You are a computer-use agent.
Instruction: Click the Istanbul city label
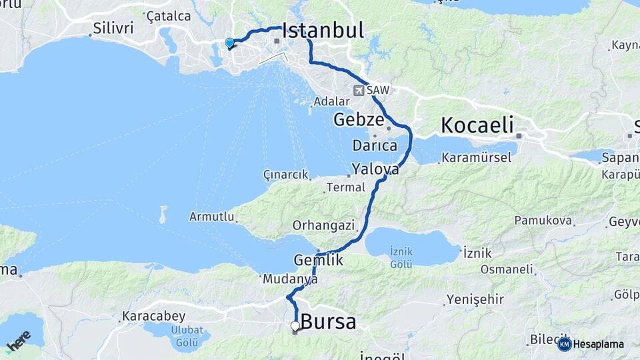pyautogui.click(x=323, y=31)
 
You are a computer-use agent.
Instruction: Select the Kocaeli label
pyautogui.click(x=477, y=125)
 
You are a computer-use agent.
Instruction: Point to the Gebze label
pyautogui.click(x=359, y=120)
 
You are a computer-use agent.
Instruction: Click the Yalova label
pyautogui.click(x=375, y=169)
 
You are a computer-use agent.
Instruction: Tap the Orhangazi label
pyautogui.click(x=323, y=225)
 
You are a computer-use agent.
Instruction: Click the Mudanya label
pyautogui.click(x=290, y=279)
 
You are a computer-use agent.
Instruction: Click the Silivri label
pyautogui.click(x=114, y=29)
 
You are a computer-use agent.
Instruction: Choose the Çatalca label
pyautogui.click(x=168, y=15)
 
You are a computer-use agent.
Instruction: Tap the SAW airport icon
pyautogui.click(x=360, y=90)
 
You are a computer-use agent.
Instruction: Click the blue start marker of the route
pyautogui.click(x=229, y=43)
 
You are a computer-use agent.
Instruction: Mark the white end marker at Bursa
pyautogui.click(x=295, y=325)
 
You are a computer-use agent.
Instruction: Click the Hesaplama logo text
pyautogui.click(x=598, y=344)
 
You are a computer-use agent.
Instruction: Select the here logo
pyautogui.click(x=19, y=341)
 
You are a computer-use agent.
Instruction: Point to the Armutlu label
pyautogui.click(x=212, y=217)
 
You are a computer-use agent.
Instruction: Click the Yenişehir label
pyautogui.click(x=475, y=299)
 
